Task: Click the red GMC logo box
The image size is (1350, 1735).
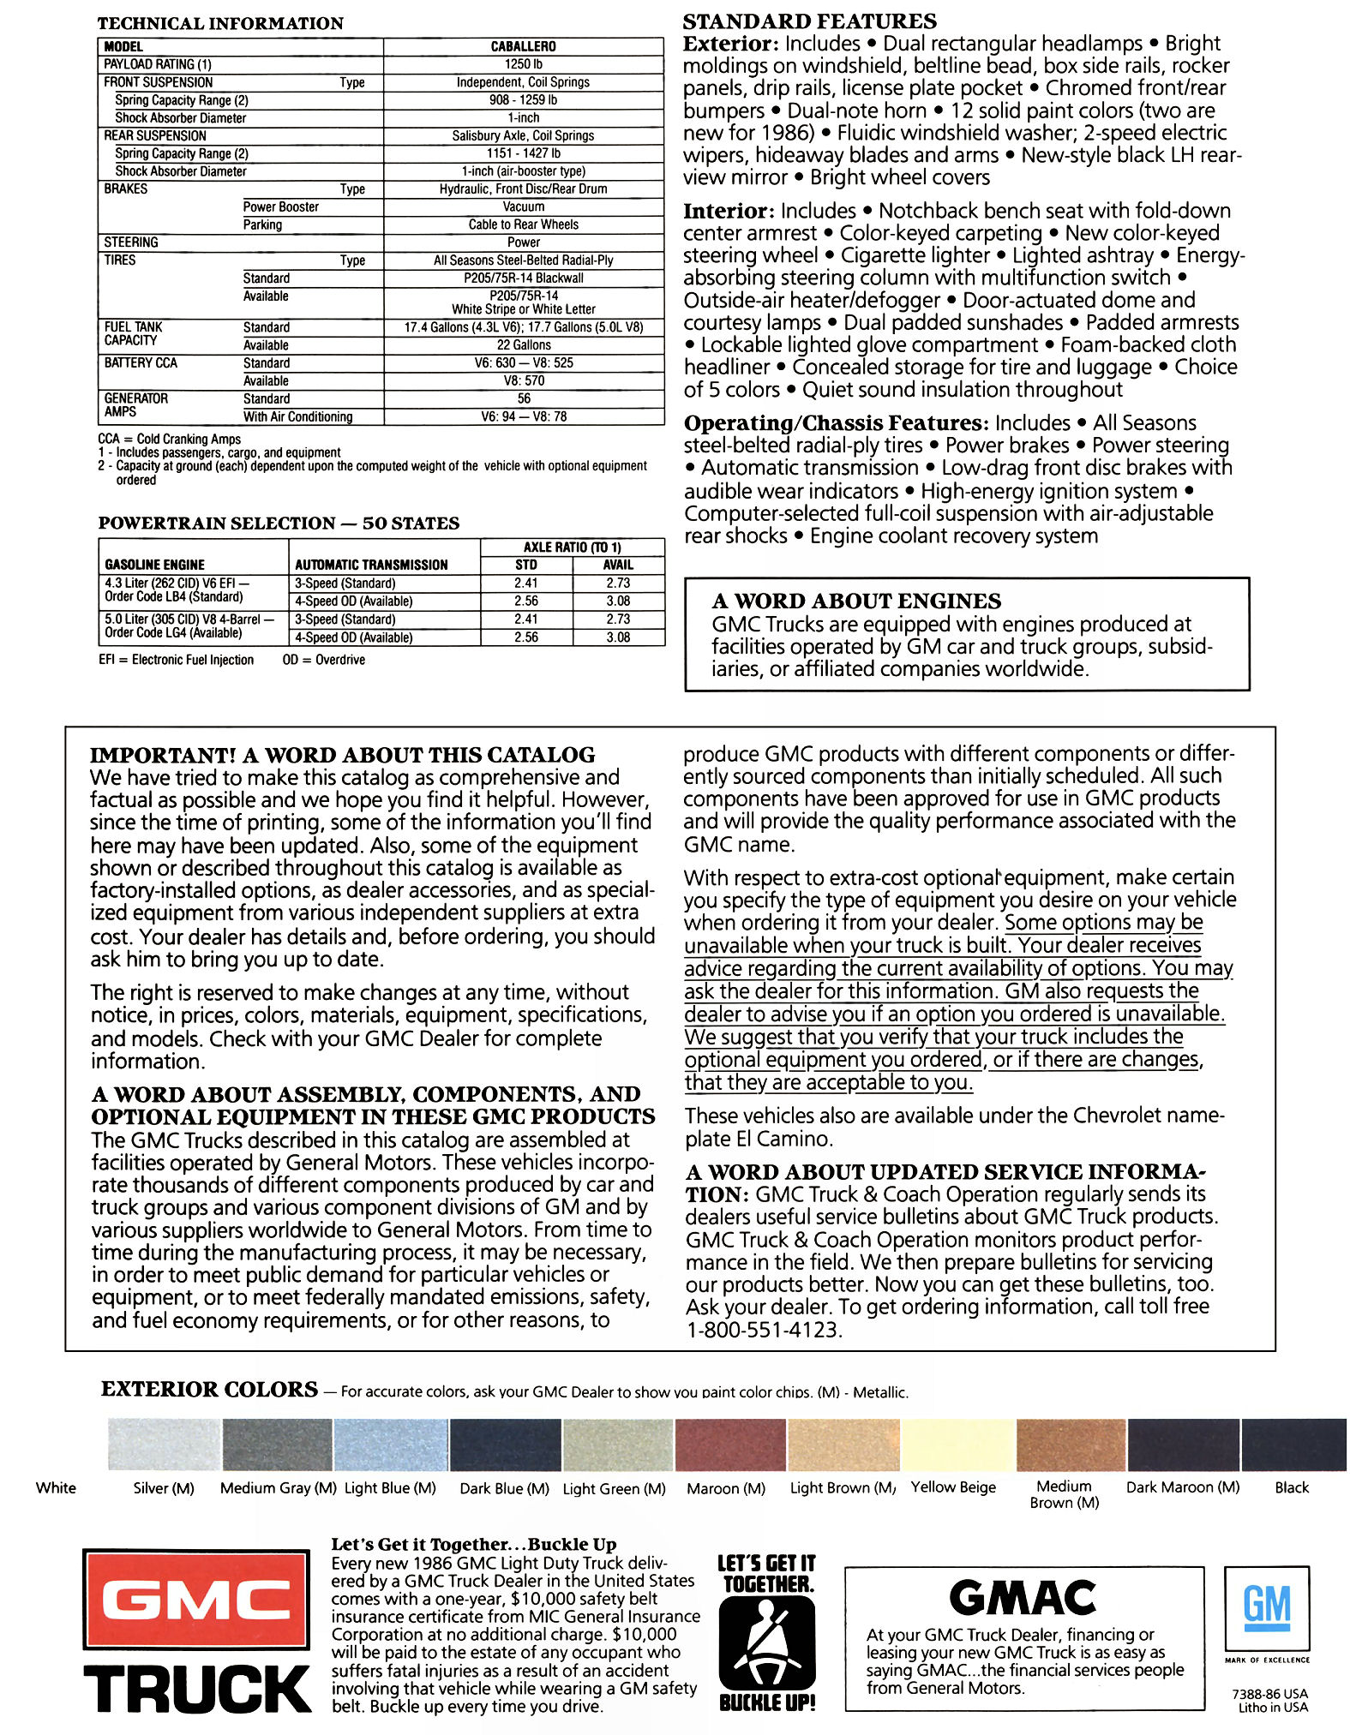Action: (196, 1599)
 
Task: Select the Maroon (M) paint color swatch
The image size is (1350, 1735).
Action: (730, 1445)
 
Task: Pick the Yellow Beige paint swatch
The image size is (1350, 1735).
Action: (958, 1445)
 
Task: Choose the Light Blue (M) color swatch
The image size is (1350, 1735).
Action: (391, 1445)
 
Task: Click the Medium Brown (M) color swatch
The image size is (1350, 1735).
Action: (1071, 1445)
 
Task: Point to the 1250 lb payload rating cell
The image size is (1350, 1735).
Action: (523, 64)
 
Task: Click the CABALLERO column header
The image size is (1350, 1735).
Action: (523, 46)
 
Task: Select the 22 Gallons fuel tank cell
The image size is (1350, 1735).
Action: (523, 344)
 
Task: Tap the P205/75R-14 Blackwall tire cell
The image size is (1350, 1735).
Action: (523, 278)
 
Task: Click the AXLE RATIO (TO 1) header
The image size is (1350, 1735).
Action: (572, 547)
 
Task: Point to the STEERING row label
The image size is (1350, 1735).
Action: (131, 242)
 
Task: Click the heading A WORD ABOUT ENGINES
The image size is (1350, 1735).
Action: (855, 601)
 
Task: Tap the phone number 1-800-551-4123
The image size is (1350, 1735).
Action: (764, 1330)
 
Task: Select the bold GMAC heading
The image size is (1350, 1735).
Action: (1023, 1598)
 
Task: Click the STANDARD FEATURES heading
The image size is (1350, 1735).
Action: (809, 21)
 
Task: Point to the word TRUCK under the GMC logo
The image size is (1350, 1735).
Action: (197, 1690)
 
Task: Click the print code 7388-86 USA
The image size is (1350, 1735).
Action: (1269, 1693)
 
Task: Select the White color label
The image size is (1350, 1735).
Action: (56, 1488)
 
